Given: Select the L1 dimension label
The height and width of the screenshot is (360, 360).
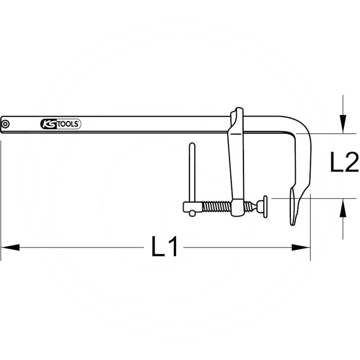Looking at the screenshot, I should click(x=165, y=247).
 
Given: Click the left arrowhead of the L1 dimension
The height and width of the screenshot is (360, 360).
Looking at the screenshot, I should click(x=10, y=247).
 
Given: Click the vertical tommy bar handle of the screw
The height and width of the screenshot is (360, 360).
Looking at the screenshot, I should click(x=192, y=173).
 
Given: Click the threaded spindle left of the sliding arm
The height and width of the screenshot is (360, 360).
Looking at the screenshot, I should click(x=216, y=207).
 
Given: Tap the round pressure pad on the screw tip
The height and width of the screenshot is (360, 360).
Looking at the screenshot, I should click(x=265, y=206).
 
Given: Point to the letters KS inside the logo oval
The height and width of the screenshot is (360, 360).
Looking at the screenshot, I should click(x=47, y=124).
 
